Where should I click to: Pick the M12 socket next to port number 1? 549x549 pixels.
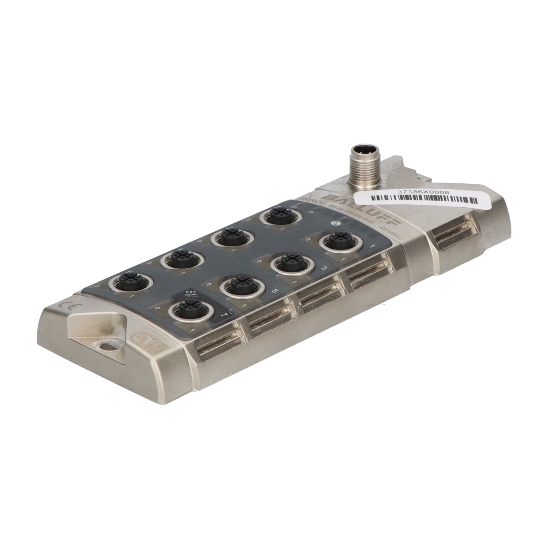337,241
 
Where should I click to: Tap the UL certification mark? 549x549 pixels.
141,338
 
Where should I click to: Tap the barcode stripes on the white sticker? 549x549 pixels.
425,200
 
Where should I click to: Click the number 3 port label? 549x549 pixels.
323,269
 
